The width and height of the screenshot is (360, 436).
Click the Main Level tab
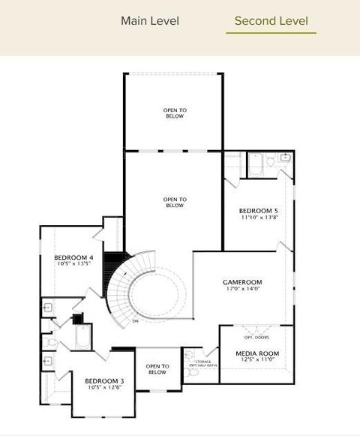point(150,21)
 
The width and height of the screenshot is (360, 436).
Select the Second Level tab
point(271,21)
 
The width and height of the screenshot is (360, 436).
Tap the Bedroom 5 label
point(259,211)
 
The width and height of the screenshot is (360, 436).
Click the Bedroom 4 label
point(74,257)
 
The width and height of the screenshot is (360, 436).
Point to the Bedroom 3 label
point(103,380)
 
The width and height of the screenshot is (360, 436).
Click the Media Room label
point(257,353)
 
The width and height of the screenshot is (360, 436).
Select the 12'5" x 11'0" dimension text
point(257,360)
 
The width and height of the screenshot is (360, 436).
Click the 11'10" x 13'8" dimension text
point(259,218)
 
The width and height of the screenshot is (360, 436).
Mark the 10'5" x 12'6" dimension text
point(103,387)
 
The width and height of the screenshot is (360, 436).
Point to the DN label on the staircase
point(136,321)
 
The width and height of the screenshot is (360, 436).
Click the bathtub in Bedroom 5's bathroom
point(256,163)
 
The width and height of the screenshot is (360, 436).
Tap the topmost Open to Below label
point(174,113)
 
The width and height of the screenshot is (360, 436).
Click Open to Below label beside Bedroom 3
point(157,369)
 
